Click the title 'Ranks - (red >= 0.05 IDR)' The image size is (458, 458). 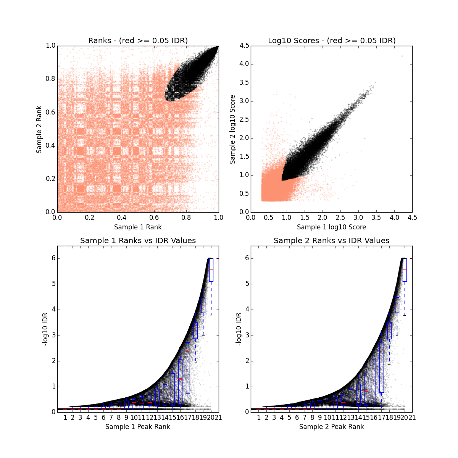click(x=138, y=40)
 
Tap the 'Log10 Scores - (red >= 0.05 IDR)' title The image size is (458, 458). click(x=331, y=40)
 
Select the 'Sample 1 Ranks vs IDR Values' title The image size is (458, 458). click(x=138, y=241)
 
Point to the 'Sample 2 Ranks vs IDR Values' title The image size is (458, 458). click(x=331, y=241)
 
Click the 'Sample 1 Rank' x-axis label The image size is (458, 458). click(x=138, y=227)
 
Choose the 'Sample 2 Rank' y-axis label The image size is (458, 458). click(x=39, y=129)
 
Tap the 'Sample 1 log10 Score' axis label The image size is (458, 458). click(x=331, y=227)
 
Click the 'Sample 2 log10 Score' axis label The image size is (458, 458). click(x=232, y=129)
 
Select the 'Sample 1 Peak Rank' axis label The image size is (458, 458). click(x=138, y=427)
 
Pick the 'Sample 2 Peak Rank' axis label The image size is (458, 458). click(x=331, y=427)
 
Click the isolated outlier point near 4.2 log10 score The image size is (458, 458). click(x=402, y=56)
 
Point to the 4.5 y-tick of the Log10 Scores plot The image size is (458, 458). click(x=244, y=46)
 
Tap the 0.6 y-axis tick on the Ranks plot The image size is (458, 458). click(x=50, y=112)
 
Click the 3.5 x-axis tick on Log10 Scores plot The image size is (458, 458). click(x=376, y=218)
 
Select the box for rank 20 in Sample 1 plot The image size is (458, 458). click(x=211, y=270)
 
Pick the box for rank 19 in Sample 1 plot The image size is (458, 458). click(x=203, y=305)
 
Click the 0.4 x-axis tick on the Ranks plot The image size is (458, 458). click(x=122, y=218)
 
